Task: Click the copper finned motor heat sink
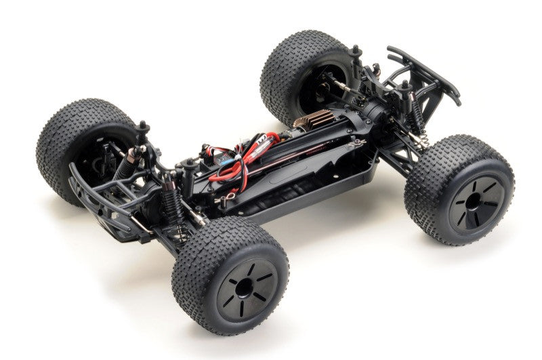tap(314, 121)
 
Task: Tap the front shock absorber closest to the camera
tap(172, 203)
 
